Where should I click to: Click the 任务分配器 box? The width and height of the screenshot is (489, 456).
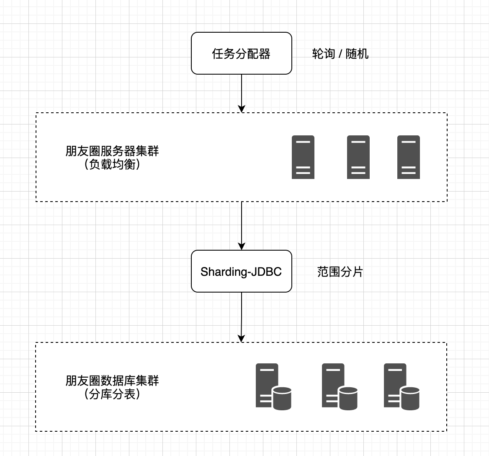coord(242,53)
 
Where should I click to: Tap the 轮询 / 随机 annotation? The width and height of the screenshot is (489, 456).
coord(340,54)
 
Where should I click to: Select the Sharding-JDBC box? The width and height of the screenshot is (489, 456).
coord(242,271)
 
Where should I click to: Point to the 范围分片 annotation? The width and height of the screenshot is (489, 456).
coord(340,272)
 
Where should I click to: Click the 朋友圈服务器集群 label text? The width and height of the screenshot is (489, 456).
coord(112,151)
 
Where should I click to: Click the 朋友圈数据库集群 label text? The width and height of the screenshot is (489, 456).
coord(112,381)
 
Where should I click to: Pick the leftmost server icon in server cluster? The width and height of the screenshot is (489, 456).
coord(303,157)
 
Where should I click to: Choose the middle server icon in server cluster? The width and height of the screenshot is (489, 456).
coord(358,157)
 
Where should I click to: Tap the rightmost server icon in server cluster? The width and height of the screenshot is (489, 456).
coord(409,157)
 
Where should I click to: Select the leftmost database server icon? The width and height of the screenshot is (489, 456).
coord(273,386)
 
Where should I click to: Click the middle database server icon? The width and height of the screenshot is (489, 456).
coord(340,386)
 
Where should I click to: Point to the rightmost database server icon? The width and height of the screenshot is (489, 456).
coord(401,386)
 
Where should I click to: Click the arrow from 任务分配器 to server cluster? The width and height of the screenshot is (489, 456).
coord(242,93)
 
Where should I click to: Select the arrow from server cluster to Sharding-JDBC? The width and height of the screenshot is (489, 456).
coord(242,225)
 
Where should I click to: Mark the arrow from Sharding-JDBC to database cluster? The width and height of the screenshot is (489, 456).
coord(242,317)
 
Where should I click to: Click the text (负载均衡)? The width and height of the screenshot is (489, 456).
coord(112,164)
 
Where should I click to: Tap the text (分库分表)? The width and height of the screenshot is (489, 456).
coord(112,394)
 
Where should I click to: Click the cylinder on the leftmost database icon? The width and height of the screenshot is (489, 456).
coord(282,399)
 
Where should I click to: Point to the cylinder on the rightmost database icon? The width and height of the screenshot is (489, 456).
coord(410,399)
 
